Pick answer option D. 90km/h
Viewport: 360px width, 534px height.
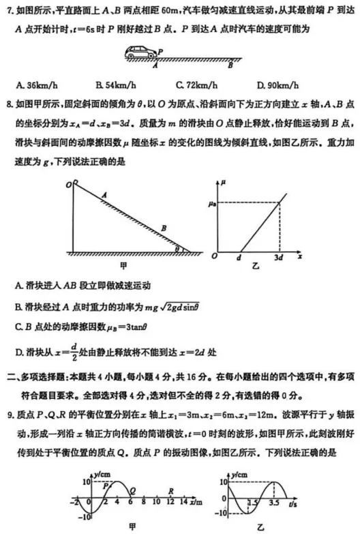pos(277,85)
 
